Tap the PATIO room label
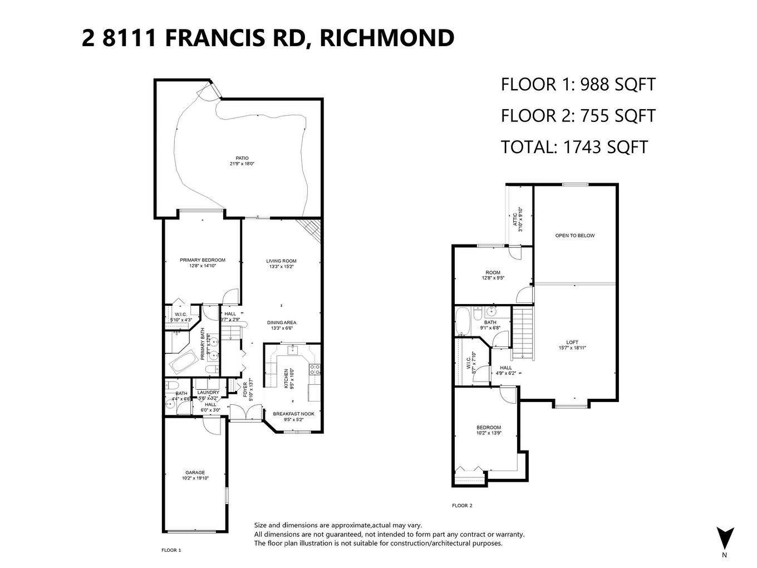pyautogui.click(x=242, y=161)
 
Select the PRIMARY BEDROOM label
pyautogui.click(x=202, y=263)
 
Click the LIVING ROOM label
pyautogui.click(x=281, y=263)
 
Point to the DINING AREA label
pyautogui.click(x=281, y=325)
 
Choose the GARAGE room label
pyautogui.click(x=195, y=475)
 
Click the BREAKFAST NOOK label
pyautogui.click(x=293, y=417)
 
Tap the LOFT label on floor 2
pyautogui.click(x=572, y=345)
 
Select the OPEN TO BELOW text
pyautogui.click(x=574, y=236)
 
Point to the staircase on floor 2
pyautogui.click(x=522, y=333)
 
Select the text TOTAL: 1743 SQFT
pyautogui.click(x=574, y=147)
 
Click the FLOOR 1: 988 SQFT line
pyautogui.click(x=578, y=85)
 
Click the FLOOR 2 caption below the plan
pyautogui.click(x=462, y=506)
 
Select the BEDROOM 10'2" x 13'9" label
pyautogui.click(x=488, y=430)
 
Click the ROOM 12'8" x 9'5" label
pyautogui.click(x=493, y=275)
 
